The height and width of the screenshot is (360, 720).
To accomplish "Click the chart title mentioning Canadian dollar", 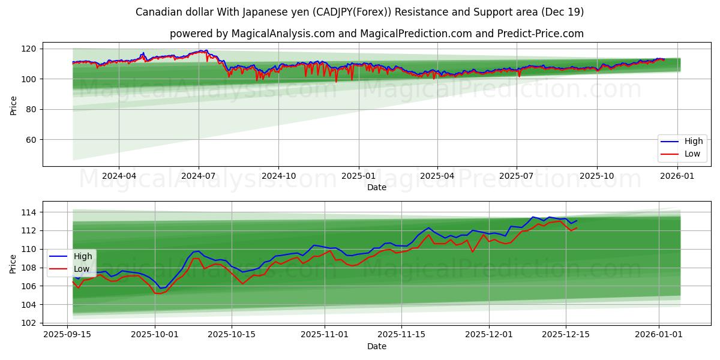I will [x=360, y=12].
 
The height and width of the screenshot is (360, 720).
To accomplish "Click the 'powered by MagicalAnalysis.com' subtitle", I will [x=376, y=34].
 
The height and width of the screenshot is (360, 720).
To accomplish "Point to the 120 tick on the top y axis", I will [x=30, y=49].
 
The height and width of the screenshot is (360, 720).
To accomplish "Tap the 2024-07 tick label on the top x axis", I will [x=199, y=176].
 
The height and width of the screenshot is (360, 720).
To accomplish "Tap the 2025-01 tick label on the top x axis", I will [x=358, y=176].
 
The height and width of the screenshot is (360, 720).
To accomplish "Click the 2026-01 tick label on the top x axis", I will [x=677, y=176].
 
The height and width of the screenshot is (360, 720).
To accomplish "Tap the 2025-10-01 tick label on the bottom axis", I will [x=155, y=334].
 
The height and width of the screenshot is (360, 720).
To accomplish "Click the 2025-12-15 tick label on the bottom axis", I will [x=566, y=334].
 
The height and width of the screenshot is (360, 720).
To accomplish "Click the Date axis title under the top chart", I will [x=376, y=187].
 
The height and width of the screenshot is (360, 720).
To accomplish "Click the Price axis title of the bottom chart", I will [x=13, y=264].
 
